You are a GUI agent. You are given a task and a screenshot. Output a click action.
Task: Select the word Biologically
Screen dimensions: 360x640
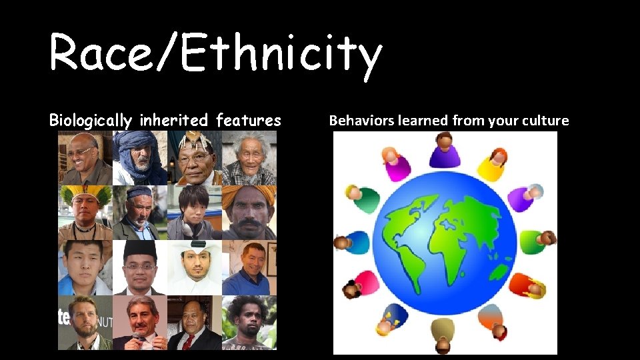91,121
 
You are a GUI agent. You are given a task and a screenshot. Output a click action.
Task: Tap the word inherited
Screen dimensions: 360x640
174,121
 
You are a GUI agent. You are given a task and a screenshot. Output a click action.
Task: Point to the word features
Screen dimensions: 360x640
248,121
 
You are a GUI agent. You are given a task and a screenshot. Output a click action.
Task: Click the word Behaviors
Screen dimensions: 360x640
362,121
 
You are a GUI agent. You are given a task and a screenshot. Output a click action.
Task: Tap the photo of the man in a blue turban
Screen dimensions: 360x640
139,157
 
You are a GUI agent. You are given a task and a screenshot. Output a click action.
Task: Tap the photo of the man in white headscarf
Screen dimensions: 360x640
194,267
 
